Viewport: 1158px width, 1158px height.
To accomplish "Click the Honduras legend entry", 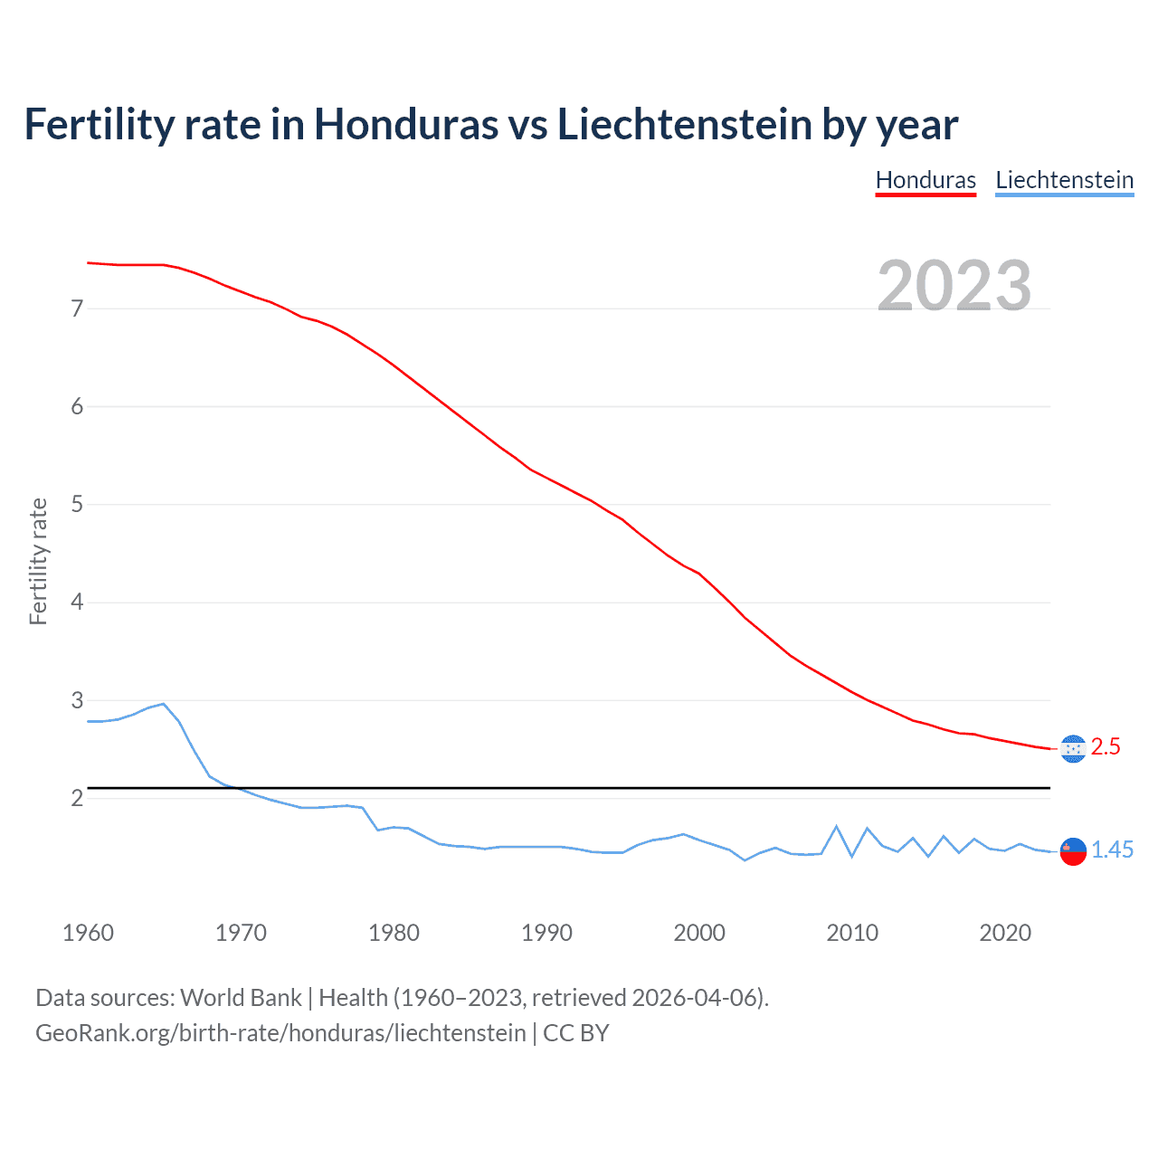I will click(x=925, y=180).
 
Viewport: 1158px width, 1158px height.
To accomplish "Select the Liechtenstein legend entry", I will click(x=1064, y=180).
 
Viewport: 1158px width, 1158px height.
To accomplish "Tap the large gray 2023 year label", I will click(x=954, y=286).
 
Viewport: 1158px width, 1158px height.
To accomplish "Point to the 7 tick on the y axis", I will click(x=77, y=308).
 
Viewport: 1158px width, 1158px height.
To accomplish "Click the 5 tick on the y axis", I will click(x=77, y=504).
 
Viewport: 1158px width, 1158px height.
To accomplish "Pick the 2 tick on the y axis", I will click(x=77, y=798).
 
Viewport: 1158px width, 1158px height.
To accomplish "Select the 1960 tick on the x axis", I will click(x=88, y=933).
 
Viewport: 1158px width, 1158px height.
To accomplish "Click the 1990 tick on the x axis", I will click(x=546, y=933).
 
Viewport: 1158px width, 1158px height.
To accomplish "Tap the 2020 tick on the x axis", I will click(x=1005, y=933).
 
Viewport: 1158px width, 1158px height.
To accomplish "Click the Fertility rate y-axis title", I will click(x=38, y=561).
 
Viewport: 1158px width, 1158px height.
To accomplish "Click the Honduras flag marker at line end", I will click(x=1072, y=749).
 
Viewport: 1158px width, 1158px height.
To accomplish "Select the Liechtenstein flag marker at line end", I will click(x=1072, y=851).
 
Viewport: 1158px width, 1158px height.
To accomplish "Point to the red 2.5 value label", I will click(x=1106, y=747).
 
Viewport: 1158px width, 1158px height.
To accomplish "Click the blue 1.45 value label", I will click(x=1112, y=850).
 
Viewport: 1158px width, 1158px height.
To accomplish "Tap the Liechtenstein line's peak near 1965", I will click(x=163, y=703).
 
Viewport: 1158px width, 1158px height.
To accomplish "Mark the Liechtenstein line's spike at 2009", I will click(x=837, y=826).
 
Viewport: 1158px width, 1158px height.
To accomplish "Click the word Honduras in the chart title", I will click(x=405, y=124).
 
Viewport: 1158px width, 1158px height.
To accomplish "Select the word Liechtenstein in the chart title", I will click(x=685, y=124).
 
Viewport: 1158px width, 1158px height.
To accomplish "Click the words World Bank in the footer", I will click(x=241, y=998).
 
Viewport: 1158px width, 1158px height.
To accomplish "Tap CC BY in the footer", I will click(x=575, y=1033).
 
